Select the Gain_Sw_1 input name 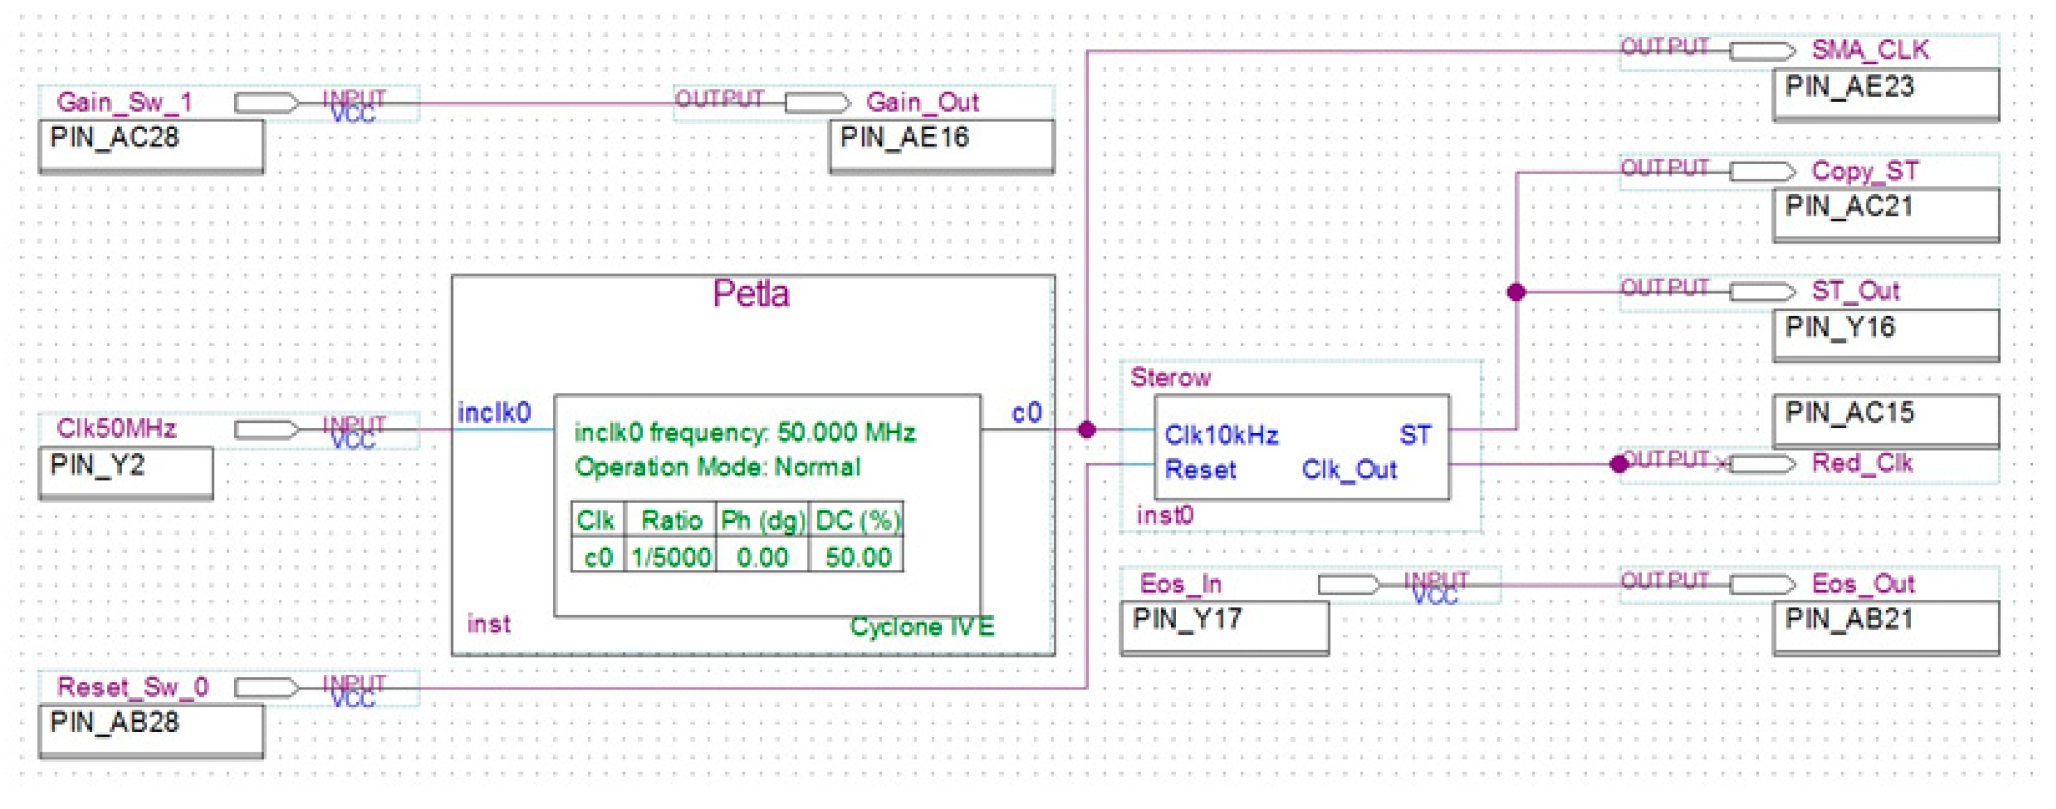pos(125,102)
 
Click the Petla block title pos(750,294)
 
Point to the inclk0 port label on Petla pos(493,413)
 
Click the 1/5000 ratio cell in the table pos(671,557)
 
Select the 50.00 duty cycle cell pos(857,557)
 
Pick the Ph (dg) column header pos(762,521)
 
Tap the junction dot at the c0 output pos(1086,430)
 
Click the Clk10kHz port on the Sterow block pos(1220,436)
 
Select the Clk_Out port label pos(1349,470)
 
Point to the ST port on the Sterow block pos(1415,436)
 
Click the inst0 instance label pos(1164,515)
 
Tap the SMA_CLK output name pos(1870,50)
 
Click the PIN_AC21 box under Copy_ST pos(1885,213)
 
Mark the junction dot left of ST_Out pos(1516,292)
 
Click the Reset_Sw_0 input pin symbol pos(267,687)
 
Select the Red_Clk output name pos(1861,464)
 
